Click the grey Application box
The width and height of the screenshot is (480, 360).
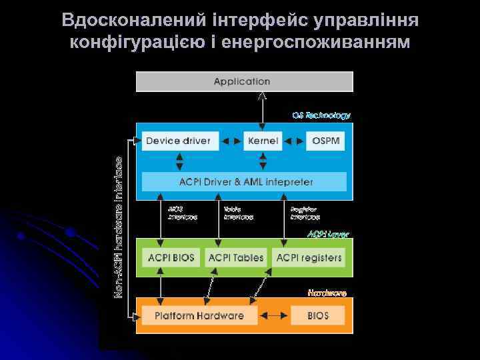click(x=244, y=81)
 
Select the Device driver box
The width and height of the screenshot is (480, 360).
click(x=178, y=141)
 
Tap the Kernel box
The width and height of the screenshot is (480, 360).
click(x=263, y=141)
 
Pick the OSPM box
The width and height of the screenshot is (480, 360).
click(x=326, y=141)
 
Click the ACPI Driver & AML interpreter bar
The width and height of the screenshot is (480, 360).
click(x=245, y=181)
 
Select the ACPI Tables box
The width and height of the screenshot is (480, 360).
click(x=236, y=257)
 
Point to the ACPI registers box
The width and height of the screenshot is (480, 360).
click(x=309, y=257)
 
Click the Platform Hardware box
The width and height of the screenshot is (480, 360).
click(x=199, y=315)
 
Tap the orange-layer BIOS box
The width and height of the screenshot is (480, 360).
click(x=318, y=315)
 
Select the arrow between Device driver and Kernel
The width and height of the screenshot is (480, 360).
click(x=230, y=141)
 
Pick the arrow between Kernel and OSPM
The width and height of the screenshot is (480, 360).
click(x=293, y=141)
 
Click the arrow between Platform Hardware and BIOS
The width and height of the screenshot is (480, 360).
click(x=274, y=315)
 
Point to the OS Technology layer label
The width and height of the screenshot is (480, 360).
click(x=321, y=115)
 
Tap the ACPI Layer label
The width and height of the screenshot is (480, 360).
click(x=328, y=235)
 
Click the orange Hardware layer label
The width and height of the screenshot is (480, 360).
click(x=327, y=293)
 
